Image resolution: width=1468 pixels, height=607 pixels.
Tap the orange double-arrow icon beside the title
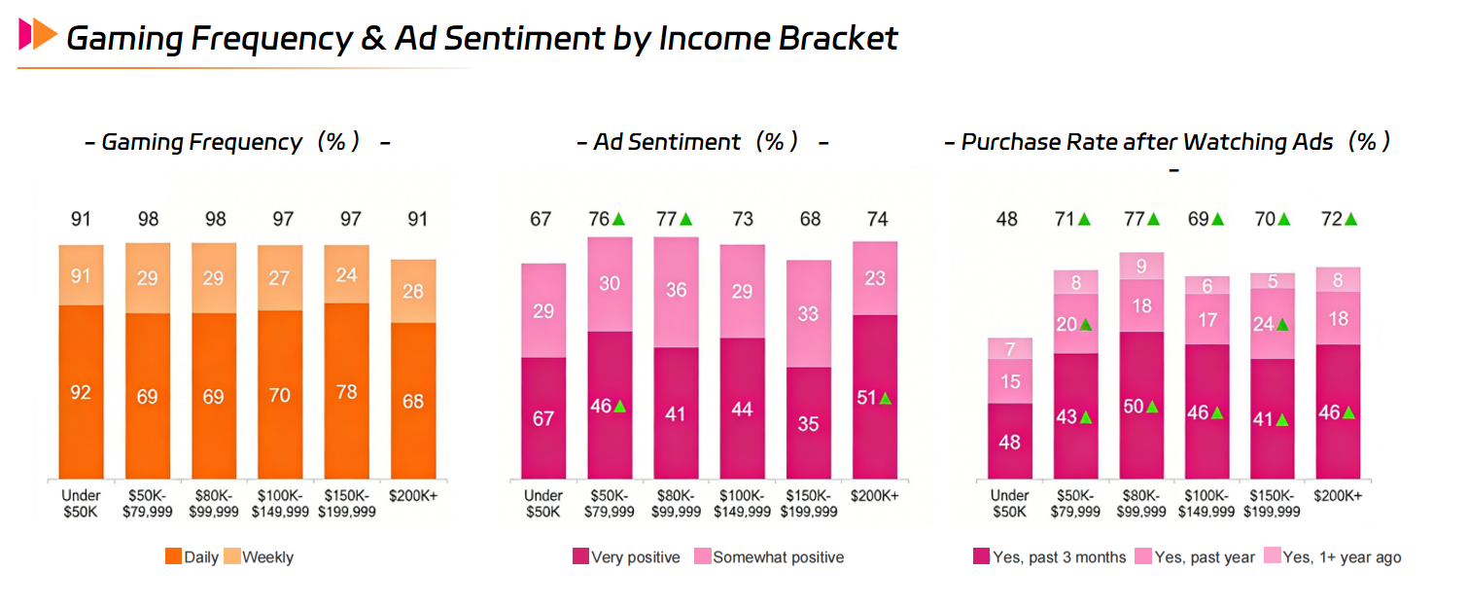pyautogui.click(x=38, y=34)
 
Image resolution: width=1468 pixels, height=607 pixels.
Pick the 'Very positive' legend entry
pyautogui.click(x=626, y=557)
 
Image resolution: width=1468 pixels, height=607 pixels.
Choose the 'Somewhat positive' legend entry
pyautogui.click(x=768, y=557)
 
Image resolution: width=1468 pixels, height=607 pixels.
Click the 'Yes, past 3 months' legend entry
pyautogui.click(x=1049, y=557)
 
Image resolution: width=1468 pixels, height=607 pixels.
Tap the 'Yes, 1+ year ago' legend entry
pyautogui.click(x=1332, y=557)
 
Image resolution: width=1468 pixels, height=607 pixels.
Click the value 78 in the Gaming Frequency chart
pyautogui.click(x=346, y=392)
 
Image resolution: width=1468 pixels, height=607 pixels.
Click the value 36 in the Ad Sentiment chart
pyautogui.click(x=677, y=291)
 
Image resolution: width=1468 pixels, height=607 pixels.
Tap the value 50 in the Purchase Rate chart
pyautogui.click(x=1134, y=408)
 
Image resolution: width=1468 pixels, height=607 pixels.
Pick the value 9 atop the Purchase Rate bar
pyautogui.click(x=1141, y=266)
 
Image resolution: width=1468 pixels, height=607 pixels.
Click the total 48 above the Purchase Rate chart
pyautogui.click(x=1007, y=220)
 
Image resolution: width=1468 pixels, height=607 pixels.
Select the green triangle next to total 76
pyautogui.click(x=619, y=220)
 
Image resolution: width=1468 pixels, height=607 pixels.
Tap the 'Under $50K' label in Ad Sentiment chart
pyautogui.click(x=542, y=504)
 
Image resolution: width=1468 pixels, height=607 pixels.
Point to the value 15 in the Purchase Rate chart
pyautogui.click(x=1010, y=381)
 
